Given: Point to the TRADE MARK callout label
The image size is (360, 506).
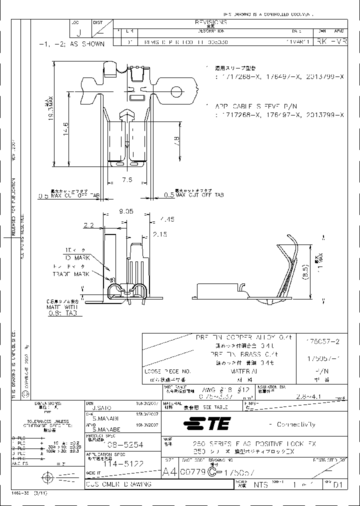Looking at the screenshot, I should (71, 274).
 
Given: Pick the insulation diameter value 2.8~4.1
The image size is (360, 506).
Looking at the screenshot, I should (309, 395).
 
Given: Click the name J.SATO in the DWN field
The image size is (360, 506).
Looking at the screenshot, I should (96, 408).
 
